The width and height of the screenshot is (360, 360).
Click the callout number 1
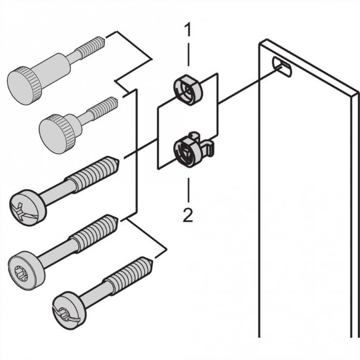[x=188, y=30]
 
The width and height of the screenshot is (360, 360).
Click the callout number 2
[x=188, y=215]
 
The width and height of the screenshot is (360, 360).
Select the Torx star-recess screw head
[x=23, y=265]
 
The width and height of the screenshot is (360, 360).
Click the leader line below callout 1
[x=188, y=54]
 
